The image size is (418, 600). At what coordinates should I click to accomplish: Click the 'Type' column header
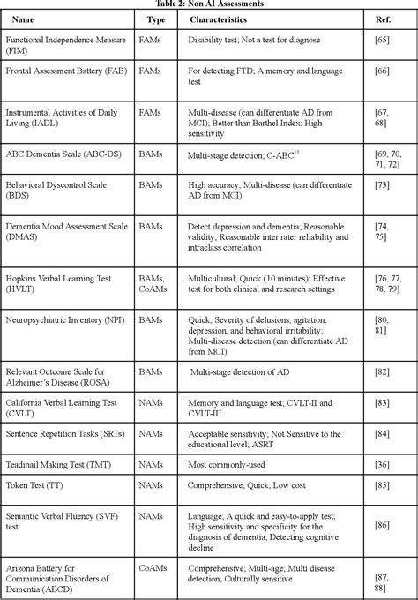tap(157, 19)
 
